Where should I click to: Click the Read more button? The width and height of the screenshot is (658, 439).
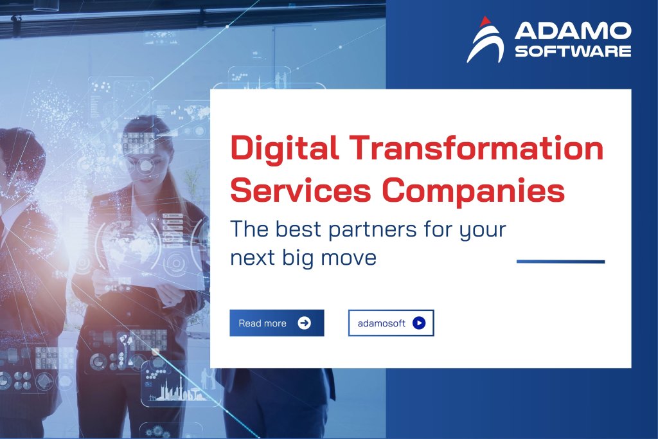tap(276, 323)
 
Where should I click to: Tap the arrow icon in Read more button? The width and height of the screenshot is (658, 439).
tap(305, 323)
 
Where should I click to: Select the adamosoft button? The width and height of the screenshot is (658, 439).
tap(391, 323)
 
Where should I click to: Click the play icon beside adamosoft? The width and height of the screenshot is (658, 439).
tap(419, 323)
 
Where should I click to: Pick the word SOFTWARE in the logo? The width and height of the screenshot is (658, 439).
tap(573, 51)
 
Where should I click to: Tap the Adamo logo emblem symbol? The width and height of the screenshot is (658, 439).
tap(485, 40)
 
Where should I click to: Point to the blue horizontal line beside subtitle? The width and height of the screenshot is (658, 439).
tap(560, 262)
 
